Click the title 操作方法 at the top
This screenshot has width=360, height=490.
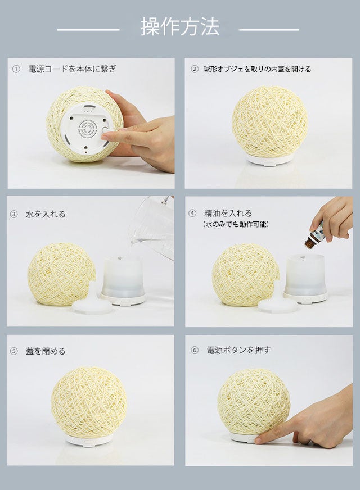click(180, 27)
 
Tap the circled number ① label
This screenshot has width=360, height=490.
click(16, 69)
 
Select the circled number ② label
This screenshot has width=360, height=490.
click(194, 69)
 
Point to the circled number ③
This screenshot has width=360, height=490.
click(13, 214)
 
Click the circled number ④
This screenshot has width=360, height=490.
click(192, 214)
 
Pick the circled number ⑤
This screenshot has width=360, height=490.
click(13, 351)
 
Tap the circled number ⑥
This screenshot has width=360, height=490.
click(194, 350)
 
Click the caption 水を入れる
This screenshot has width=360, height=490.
click(46, 214)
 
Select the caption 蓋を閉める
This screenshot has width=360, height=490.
click(46, 351)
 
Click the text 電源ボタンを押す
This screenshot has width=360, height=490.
click(238, 350)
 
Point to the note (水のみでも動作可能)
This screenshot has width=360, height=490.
click(236, 224)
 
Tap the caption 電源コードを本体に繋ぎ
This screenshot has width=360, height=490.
click(72, 69)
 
